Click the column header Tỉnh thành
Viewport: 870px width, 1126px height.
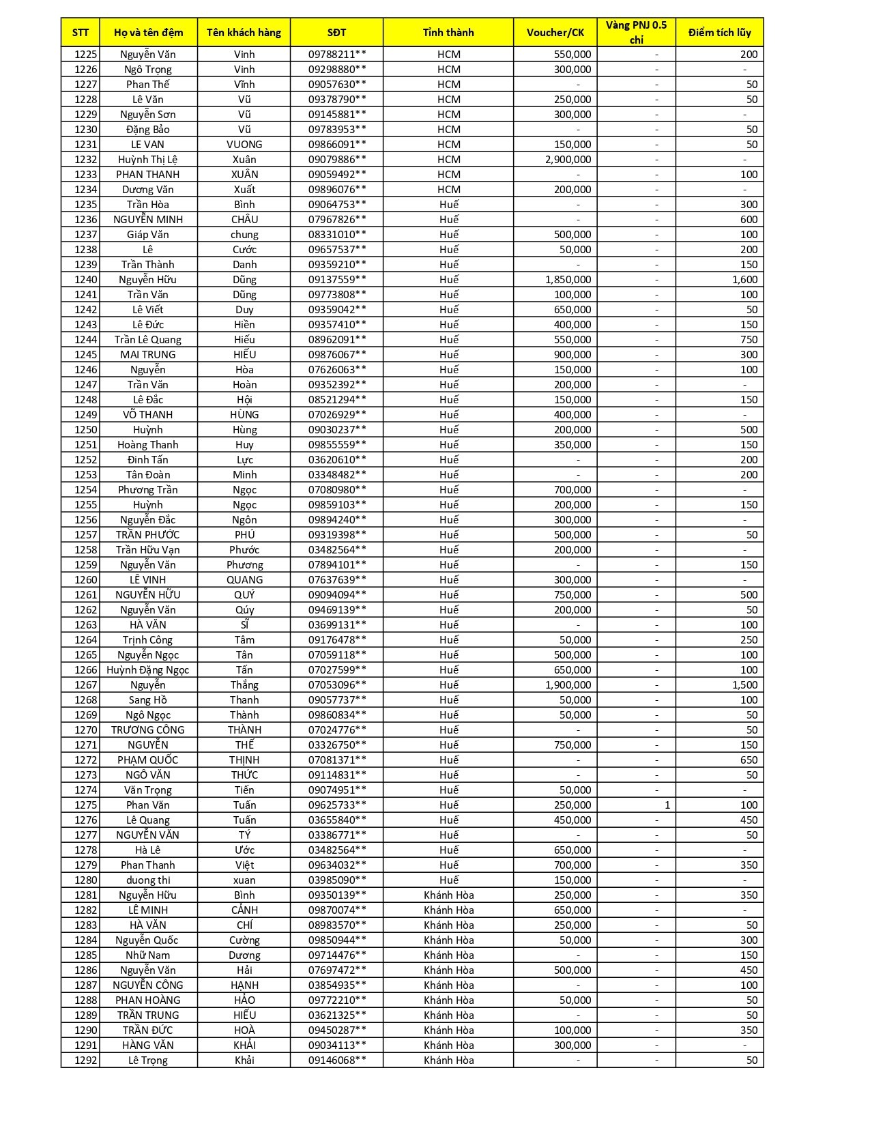click(448, 32)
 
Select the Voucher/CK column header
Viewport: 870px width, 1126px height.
click(555, 32)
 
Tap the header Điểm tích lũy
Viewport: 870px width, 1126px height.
click(719, 32)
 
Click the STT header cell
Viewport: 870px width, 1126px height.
click(81, 32)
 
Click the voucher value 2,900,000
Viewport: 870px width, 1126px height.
click(568, 160)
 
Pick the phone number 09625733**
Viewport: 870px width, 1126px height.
click(337, 805)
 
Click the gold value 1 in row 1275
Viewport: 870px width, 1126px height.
click(667, 805)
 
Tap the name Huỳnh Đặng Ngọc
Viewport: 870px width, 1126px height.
click(148, 670)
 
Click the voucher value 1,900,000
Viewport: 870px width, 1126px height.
click(568, 685)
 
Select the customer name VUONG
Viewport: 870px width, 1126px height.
click(244, 145)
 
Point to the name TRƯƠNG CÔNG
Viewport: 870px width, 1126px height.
click(148, 730)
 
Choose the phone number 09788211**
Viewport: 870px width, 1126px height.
click(337, 55)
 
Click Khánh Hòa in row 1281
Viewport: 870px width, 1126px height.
click(448, 895)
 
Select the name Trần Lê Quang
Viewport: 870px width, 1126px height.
click(148, 340)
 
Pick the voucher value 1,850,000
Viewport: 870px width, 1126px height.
click(568, 280)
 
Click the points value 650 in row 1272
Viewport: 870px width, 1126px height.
click(749, 760)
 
